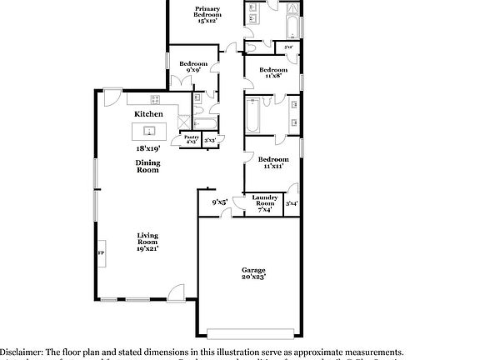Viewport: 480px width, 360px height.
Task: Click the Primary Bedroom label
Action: click(x=207, y=14)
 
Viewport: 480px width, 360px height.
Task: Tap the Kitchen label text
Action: click(x=148, y=113)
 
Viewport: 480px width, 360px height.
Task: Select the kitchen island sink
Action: click(x=150, y=131)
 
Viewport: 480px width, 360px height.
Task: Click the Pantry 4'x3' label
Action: click(x=191, y=139)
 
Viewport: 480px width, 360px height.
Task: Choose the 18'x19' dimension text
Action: click(x=148, y=148)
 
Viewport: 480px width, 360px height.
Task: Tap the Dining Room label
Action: click(x=147, y=167)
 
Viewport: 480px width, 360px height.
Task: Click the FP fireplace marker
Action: click(x=102, y=252)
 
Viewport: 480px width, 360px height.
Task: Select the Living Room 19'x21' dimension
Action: click(x=147, y=248)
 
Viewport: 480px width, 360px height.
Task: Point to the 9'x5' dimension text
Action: click(x=220, y=202)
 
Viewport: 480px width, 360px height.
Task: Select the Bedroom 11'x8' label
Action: click(x=272, y=72)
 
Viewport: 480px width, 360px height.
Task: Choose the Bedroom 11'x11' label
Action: click(x=272, y=162)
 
